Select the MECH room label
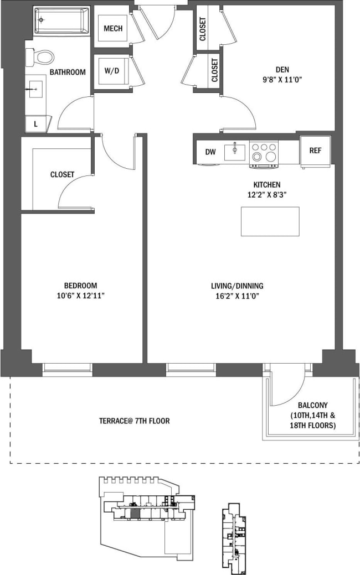[113, 28]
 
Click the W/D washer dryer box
[112, 71]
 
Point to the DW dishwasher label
[210, 152]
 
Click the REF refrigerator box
[315, 150]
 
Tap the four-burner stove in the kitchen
[264, 153]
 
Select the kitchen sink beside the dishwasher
[235, 152]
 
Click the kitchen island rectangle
[270, 221]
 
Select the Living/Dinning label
[237, 286]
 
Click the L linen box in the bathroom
[36, 124]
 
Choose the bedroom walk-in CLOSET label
[62, 174]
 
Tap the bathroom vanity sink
[34, 89]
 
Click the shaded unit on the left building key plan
[135, 514]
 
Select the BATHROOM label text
[68, 72]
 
